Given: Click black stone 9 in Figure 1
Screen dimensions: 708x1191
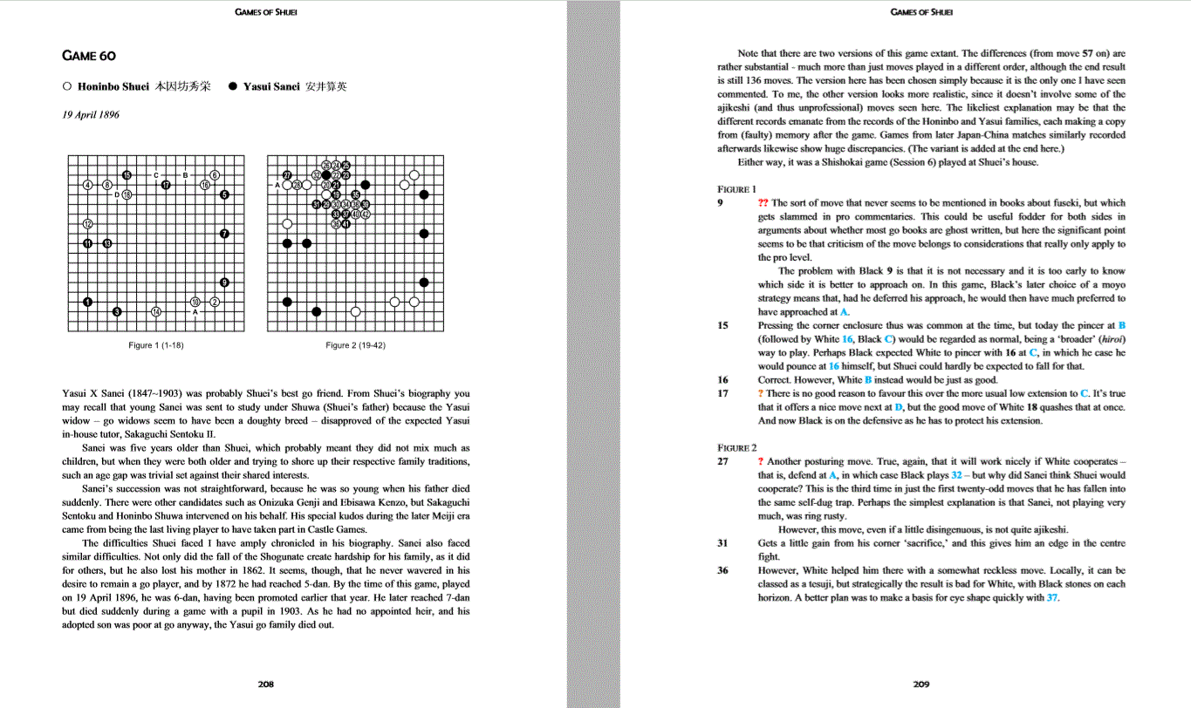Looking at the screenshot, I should tap(224, 283).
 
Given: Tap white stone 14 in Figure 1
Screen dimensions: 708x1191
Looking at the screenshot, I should tap(155, 311).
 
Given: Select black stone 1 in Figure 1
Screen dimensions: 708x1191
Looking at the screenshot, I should tap(87, 302).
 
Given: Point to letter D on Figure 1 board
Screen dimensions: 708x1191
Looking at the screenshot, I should tap(117, 194).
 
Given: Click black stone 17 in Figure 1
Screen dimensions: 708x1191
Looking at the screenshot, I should tap(166, 185).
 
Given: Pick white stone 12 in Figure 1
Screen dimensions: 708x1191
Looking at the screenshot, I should tap(87, 224).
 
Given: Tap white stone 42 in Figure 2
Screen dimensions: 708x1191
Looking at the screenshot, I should tap(366, 214).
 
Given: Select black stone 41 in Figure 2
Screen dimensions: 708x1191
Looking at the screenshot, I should tap(346, 224).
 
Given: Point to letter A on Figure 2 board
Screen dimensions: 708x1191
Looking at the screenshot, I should tap(277, 185).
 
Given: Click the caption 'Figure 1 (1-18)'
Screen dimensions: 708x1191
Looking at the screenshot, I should tap(155, 345).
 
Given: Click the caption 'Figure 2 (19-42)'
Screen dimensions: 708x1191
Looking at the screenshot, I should tap(355, 345).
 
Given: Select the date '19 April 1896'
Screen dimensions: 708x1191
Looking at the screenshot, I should tap(91, 114).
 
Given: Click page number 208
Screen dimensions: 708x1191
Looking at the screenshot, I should tap(266, 684).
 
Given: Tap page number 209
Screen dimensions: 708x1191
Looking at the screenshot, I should tap(921, 684).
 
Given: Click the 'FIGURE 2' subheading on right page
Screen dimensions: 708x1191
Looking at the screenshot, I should tap(736, 447).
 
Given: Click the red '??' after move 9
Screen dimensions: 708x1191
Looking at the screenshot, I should tap(763, 203).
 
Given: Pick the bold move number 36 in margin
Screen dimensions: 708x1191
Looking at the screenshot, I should tap(722, 570).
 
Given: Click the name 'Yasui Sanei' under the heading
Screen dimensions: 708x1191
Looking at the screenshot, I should tap(271, 86).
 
